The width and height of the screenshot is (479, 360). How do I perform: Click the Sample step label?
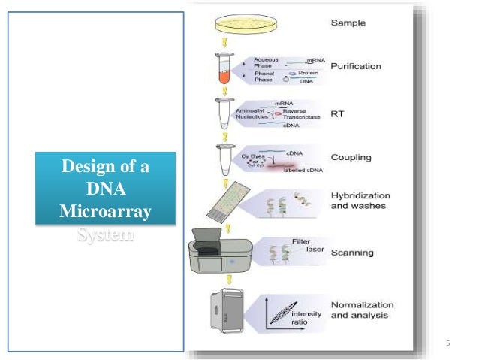point(349,23)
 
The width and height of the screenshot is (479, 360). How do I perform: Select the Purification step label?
point(356,66)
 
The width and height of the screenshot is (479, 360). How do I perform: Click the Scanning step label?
point(352,253)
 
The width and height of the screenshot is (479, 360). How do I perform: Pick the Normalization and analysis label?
point(363,310)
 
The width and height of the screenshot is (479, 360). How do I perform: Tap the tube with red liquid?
point(224,68)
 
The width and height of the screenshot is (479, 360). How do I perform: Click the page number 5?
point(447,344)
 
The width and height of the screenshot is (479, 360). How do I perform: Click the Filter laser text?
point(303,246)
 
